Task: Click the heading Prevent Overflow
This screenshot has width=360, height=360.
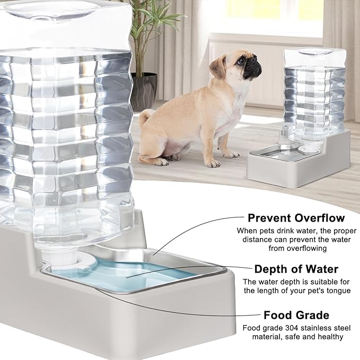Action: [296, 217]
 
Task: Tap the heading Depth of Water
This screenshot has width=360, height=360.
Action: [296, 269]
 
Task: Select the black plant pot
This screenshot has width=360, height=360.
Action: [144, 90]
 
